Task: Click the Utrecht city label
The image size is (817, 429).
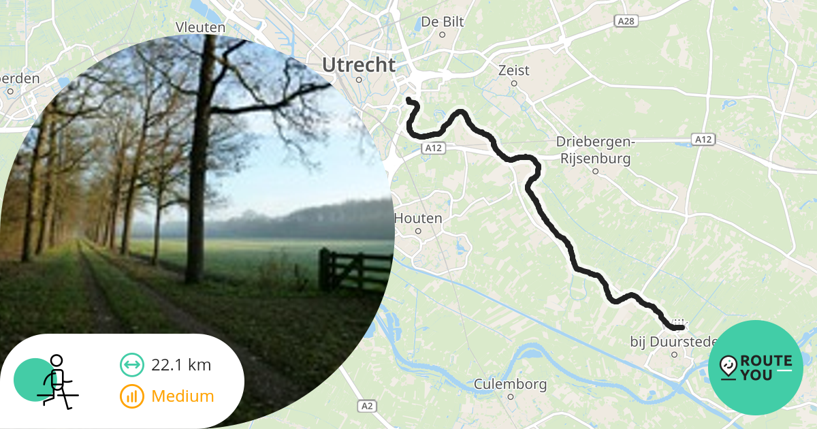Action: click(x=359, y=65)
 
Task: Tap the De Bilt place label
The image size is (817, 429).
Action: click(x=443, y=22)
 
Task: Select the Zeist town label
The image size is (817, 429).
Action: click(x=513, y=70)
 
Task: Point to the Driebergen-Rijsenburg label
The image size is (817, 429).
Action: click(x=595, y=150)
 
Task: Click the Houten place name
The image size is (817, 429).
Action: click(x=418, y=219)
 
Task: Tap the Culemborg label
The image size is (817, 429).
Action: click(x=510, y=384)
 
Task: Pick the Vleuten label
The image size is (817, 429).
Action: click(x=200, y=27)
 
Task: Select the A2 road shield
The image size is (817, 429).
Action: click(x=366, y=407)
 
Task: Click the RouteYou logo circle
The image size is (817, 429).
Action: click(x=756, y=368)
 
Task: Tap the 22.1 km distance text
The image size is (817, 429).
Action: click(x=181, y=365)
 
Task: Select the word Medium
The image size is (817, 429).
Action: click(x=182, y=396)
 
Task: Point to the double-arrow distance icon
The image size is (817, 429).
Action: click(x=132, y=365)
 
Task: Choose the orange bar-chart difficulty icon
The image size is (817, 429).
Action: click(x=132, y=396)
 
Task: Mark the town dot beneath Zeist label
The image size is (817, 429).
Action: click(x=514, y=84)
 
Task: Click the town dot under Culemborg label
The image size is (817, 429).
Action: click(x=511, y=397)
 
